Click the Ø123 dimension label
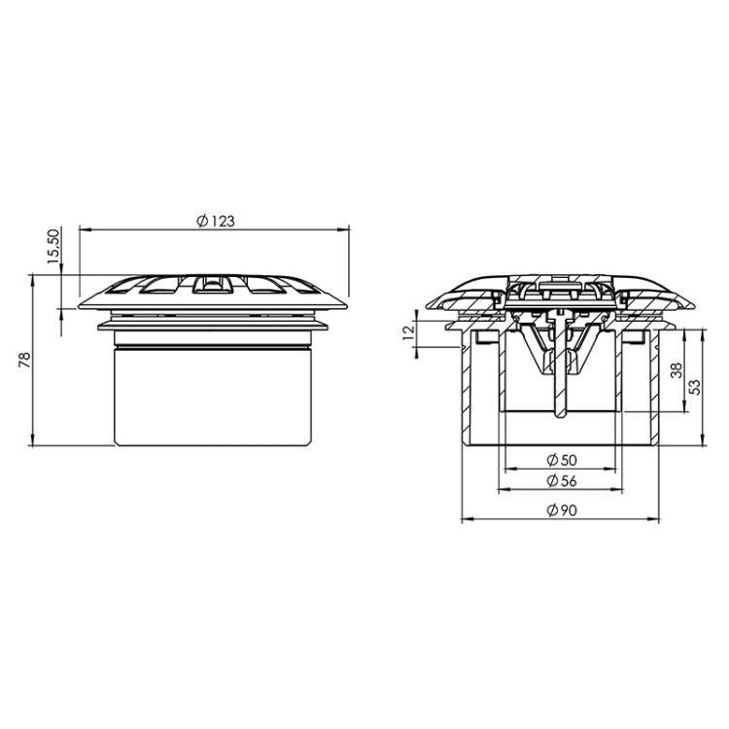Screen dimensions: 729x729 (x=216, y=221)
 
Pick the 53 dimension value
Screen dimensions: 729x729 (x=693, y=386)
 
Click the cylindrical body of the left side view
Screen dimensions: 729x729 (x=213, y=399)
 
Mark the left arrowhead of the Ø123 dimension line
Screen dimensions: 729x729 (x=83, y=229)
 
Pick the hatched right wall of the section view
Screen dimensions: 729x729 (x=652, y=389)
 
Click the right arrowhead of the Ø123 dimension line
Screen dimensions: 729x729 (x=344, y=229)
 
